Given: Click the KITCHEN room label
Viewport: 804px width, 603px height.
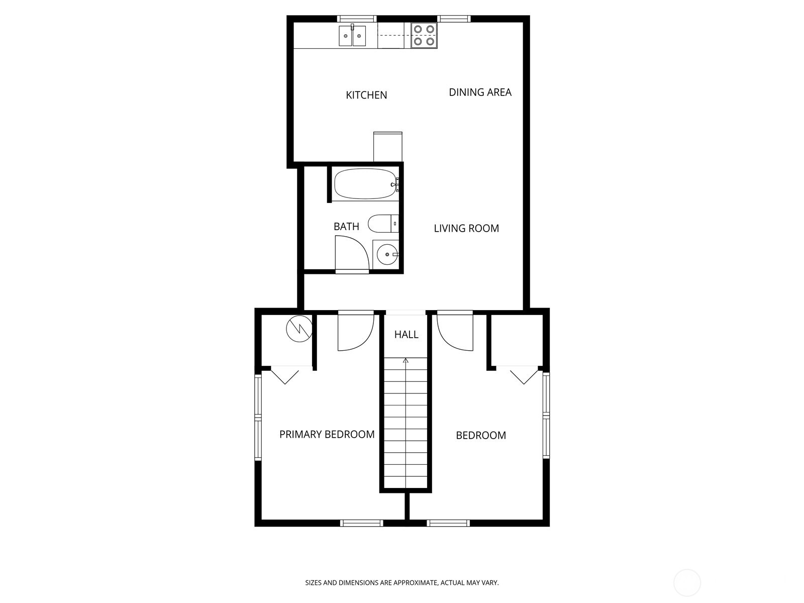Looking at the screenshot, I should pos(366,95).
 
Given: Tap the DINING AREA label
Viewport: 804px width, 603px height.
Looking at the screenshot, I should pos(480,92).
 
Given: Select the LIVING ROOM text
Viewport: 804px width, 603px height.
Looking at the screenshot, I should pos(466,228).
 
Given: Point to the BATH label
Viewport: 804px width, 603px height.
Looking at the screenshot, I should pos(346,227).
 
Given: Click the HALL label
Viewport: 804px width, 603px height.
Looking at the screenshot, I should pos(406,335).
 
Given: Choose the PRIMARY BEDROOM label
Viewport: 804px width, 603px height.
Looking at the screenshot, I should pos(327,434).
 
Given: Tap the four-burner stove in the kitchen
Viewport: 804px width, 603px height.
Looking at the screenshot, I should pos(424,36).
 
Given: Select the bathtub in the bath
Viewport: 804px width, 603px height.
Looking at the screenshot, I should pos(365,184).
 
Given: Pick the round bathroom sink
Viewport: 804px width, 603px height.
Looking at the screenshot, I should pos(387,255).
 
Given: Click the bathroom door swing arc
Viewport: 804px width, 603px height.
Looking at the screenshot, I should pos(352,254).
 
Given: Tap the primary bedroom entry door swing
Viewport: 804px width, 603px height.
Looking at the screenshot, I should pos(355,332).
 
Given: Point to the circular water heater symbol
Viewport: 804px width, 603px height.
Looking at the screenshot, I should pos(299,329).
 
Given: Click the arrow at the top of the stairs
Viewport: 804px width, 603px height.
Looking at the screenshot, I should pos(406,360).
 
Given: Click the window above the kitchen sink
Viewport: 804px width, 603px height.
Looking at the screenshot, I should pos(356,19).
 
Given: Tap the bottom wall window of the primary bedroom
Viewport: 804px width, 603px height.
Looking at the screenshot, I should pos(362,523).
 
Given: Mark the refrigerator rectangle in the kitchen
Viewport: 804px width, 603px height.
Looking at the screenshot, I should pos(388,146).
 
